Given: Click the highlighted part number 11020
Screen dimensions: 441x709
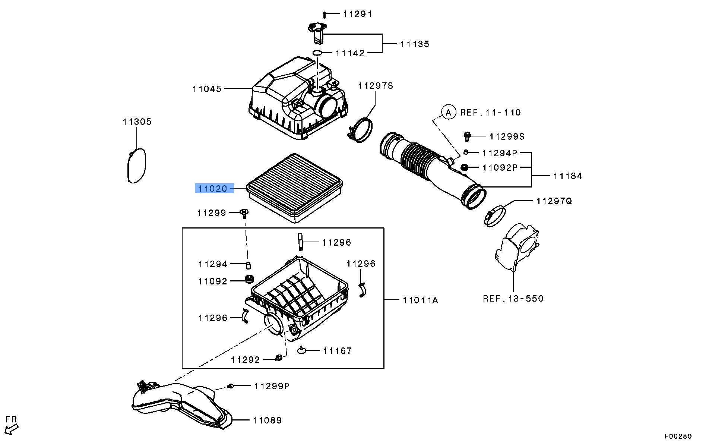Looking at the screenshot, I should tap(213, 189).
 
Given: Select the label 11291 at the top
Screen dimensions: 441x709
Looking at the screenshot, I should tap(357, 14).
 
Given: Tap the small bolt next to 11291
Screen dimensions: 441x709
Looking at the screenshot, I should tap(325, 15).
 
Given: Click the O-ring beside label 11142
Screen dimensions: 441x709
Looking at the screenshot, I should tap(317, 53).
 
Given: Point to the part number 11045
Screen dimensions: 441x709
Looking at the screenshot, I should tap(207, 89).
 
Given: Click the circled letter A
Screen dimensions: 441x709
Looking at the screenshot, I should tap(449, 112).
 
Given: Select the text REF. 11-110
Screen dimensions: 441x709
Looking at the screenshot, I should tap(490, 113).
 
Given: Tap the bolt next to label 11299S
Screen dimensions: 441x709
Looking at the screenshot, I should tap(467, 136).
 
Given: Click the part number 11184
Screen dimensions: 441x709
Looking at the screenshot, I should tap(567, 176).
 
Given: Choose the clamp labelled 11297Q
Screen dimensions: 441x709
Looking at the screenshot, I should tap(495, 216).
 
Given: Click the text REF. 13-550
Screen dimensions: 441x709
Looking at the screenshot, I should tap(513, 299).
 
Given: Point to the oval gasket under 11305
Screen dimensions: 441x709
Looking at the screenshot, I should tap(136, 166).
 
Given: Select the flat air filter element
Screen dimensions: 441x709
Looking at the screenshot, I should tap(295, 187).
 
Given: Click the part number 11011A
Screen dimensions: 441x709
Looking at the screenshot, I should tap(420, 300).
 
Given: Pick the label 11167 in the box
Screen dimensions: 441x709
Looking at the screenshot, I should tap(337, 351).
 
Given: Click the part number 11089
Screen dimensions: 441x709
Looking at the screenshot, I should tap(267, 420).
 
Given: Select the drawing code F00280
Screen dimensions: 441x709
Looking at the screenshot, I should tap(678, 436).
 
